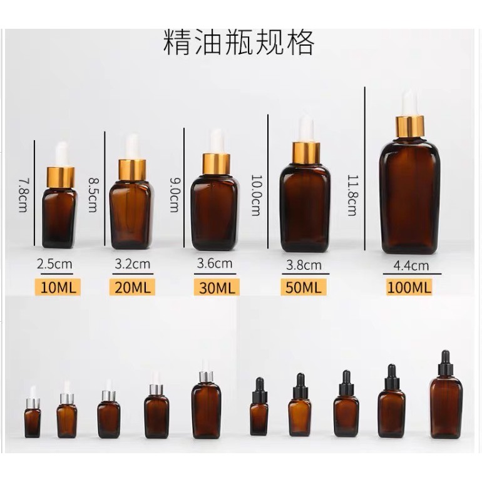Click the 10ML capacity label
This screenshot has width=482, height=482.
(x=58, y=287)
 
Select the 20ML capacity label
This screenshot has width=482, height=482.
(x=132, y=287)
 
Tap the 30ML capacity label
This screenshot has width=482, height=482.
(x=217, y=288)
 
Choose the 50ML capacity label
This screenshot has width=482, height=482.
(x=304, y=287)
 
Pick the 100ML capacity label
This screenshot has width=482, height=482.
(x=409, y=287)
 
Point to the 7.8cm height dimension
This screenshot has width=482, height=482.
(x=23, y=195)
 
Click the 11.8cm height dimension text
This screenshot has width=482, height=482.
(x=353, y=195)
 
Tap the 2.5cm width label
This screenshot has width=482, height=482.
(x=54, y=264)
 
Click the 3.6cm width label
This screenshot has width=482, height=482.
(x=215, y=264)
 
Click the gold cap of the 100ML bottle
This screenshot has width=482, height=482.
(x=410, y=126)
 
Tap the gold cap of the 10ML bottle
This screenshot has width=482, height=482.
(x=61, y=177)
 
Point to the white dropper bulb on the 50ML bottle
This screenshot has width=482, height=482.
(x=306, y=128)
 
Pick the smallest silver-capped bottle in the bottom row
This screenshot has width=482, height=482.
(x=33, y=412)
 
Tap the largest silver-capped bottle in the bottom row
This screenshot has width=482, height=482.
(x=206, y=399)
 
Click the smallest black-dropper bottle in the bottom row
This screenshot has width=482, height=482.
(x=259, y=406)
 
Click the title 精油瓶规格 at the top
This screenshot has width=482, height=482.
(x=239, y=43)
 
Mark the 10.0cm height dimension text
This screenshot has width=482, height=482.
(x=257, y=195)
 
